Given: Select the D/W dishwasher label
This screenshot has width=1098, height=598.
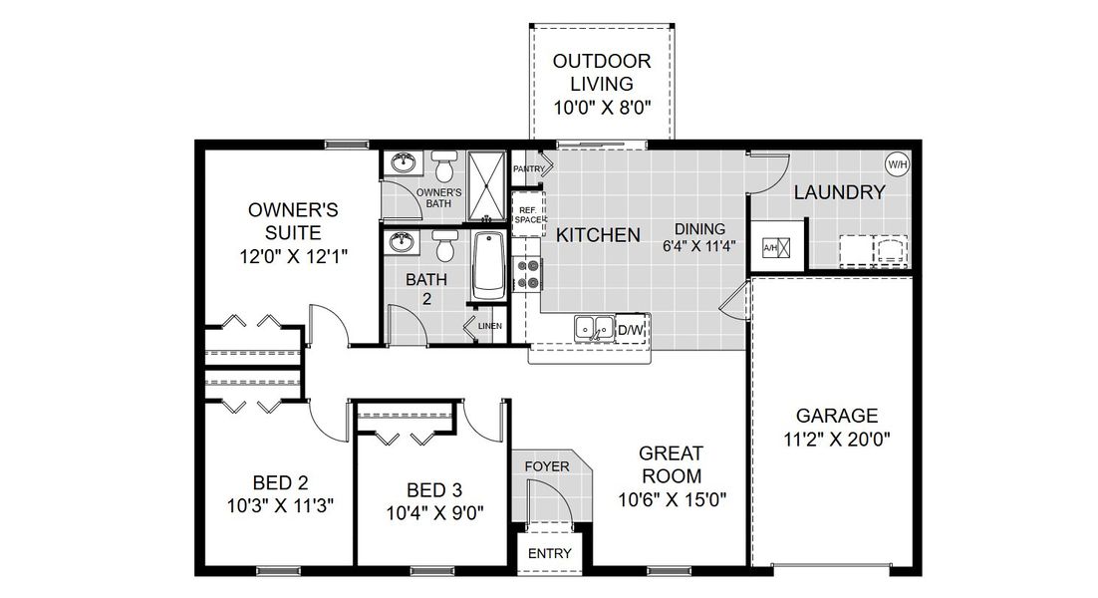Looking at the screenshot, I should (630, 329).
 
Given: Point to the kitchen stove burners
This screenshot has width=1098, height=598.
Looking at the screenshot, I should (526, 273).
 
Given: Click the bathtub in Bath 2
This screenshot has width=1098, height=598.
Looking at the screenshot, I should (489, 265).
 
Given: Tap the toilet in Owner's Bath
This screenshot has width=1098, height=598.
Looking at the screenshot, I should (445, 166).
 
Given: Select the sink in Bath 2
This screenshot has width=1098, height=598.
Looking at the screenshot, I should (404, 242).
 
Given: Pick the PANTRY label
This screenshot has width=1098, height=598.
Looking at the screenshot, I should (528, 169).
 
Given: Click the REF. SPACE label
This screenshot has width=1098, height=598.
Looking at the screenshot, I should (528, 214).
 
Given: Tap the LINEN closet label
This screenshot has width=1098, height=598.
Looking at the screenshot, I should (489, 326).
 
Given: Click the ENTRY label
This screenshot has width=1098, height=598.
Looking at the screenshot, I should (549, 554).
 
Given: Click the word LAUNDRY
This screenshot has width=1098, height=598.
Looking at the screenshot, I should (839, 192).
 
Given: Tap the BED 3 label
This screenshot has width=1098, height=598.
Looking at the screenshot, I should (434, 489).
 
